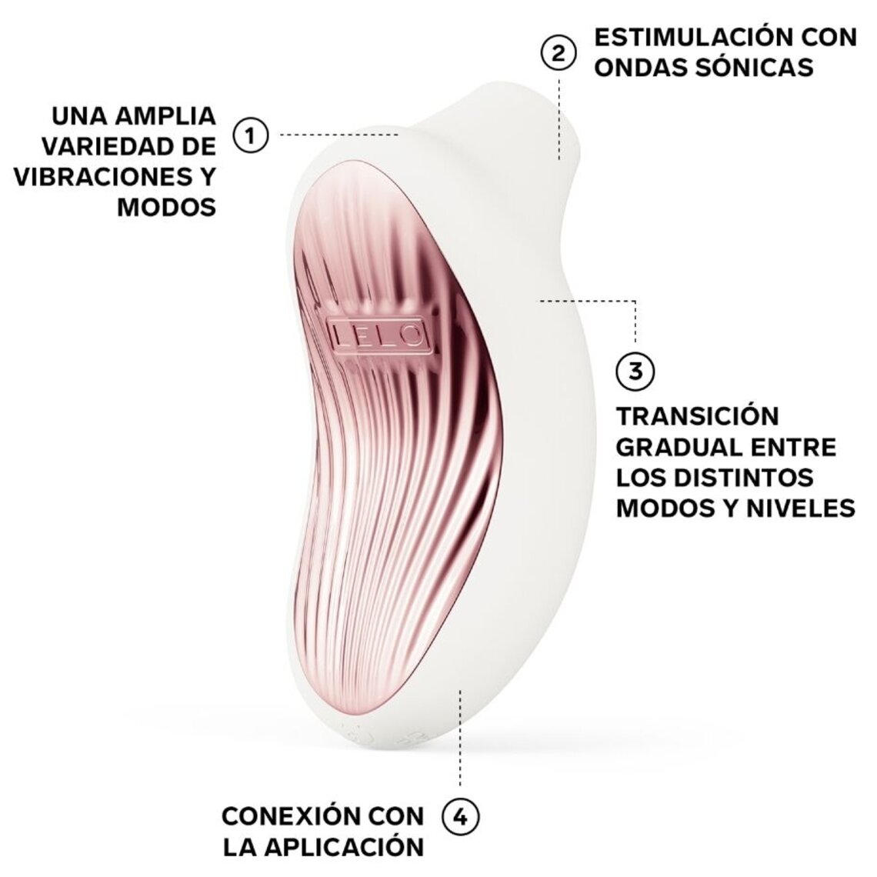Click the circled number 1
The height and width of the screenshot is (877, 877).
click(250, 135)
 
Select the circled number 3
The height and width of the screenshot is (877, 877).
click(635, 370)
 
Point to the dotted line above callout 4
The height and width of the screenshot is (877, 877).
click(460, 739)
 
